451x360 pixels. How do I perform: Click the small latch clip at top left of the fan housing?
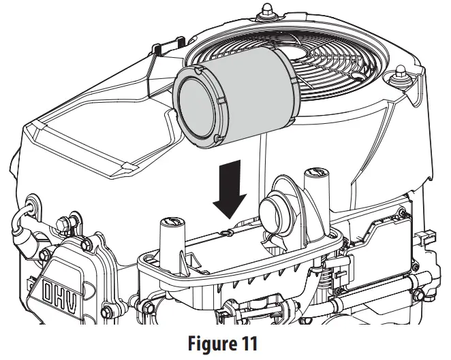click(x=158, y=49)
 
